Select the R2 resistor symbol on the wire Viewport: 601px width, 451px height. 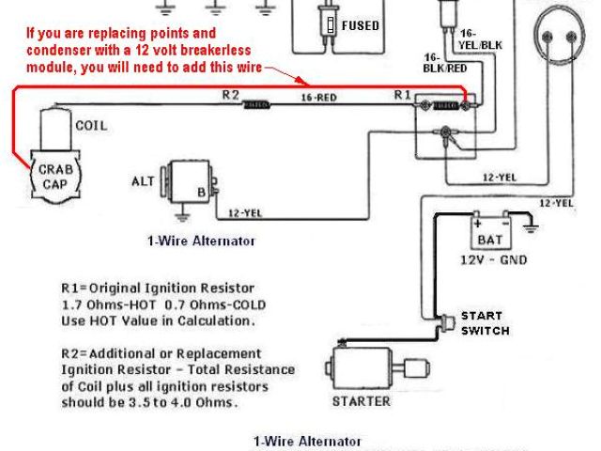coord(254,104)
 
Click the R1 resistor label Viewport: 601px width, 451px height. coord(402,95)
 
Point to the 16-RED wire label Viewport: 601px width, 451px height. coord(319,96)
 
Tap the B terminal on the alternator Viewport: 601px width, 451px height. coord(199,194)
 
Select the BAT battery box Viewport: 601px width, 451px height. coord(492,229)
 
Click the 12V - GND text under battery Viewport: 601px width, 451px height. coord(493,259)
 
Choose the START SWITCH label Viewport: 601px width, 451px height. coord(485,323)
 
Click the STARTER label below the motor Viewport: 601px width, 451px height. coord(362,401)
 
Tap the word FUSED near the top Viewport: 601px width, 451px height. coord(362,25)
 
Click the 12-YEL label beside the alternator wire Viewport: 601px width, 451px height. coord(245,212)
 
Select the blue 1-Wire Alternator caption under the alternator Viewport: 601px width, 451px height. coord(200,241)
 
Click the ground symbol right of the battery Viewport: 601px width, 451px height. coord(531,226)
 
